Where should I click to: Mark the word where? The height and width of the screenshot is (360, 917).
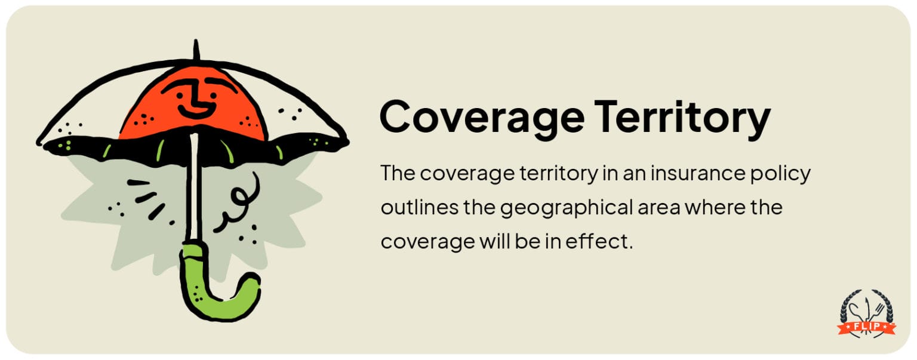[x=717, y=208]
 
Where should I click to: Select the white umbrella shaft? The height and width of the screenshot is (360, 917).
[x=194, y=191]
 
